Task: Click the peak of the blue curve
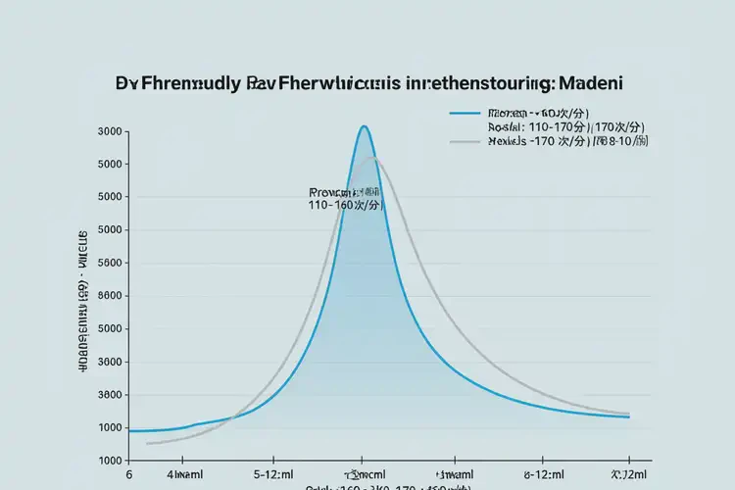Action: [x=364, y=126]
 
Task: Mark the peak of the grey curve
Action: [x=374, y=158]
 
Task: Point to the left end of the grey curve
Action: [x=147, y=444]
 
